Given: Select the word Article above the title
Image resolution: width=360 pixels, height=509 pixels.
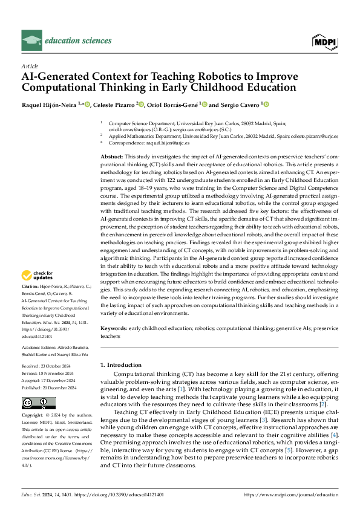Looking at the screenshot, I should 30,66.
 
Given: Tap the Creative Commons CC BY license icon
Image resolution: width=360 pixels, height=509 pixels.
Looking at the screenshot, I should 39,403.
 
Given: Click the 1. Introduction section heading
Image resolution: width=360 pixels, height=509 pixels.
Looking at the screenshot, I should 120,365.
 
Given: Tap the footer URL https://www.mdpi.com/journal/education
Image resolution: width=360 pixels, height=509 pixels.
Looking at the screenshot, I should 290,494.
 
